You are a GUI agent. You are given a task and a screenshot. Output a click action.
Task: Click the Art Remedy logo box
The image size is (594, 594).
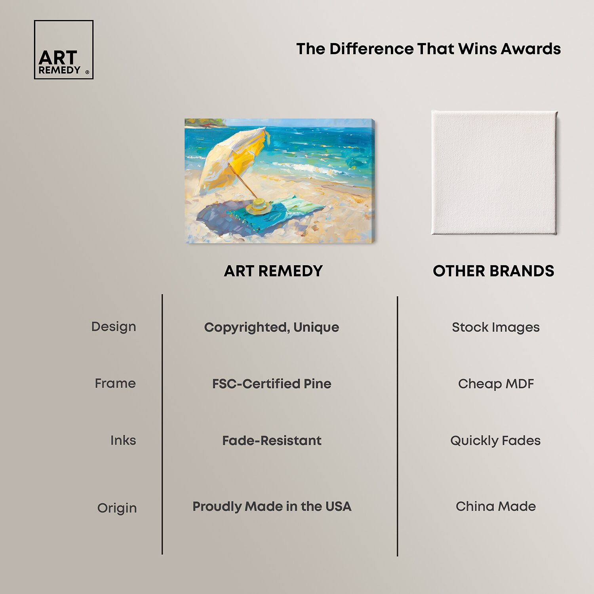point(64,49)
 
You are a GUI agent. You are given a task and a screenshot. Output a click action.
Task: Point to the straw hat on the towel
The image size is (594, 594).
point(259,206)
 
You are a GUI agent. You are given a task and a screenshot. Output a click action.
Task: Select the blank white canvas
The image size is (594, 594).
point(494,173)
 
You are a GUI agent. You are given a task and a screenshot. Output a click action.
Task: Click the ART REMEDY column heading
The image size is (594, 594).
point(273,271)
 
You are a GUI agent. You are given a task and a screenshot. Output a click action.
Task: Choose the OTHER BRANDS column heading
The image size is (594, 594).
point(493,271)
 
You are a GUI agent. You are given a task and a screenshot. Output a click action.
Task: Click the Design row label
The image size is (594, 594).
point(114,327)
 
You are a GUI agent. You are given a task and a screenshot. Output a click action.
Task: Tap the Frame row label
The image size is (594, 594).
point(115,383)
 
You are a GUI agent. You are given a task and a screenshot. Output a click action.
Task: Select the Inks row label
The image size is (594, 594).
point(123,440)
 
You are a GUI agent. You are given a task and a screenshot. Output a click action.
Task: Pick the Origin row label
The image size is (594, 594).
point(117,508)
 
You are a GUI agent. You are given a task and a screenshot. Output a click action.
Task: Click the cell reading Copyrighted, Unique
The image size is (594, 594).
point(272,327)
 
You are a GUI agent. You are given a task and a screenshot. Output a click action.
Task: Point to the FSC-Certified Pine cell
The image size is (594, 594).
point(272,384)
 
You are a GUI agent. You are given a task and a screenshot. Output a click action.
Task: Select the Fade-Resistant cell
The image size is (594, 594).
point(272,441)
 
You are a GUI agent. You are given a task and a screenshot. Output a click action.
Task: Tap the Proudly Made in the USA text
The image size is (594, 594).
point(272,506)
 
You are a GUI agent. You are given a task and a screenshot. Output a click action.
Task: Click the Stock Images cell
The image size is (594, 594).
point(496,327)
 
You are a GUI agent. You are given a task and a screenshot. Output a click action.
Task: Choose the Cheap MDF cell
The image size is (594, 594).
point(496,384)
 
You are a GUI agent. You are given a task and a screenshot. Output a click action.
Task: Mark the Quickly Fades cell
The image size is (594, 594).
point(495,441)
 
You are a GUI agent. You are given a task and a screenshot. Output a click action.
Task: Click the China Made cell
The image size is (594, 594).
point(496,506)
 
